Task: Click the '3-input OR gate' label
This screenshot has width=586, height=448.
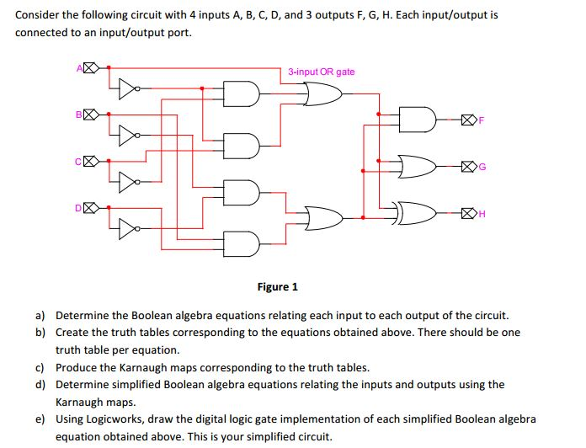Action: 321,72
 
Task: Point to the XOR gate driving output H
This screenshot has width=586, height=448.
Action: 417,214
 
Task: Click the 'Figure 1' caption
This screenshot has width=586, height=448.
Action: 278,287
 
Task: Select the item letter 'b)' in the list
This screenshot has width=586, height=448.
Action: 40,333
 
